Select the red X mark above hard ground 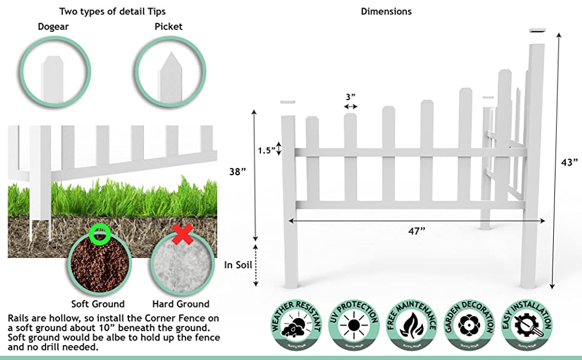tap(182, 235)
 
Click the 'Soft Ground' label tap(98, 304)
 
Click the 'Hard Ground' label tap(181, 304)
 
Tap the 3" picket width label tap(350, 97)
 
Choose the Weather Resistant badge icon tap(293, 325)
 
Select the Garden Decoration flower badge tap(469, 325)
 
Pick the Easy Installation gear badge tap(526, 325)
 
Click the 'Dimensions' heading tap(386, 11)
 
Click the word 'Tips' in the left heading tap(155, 11)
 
